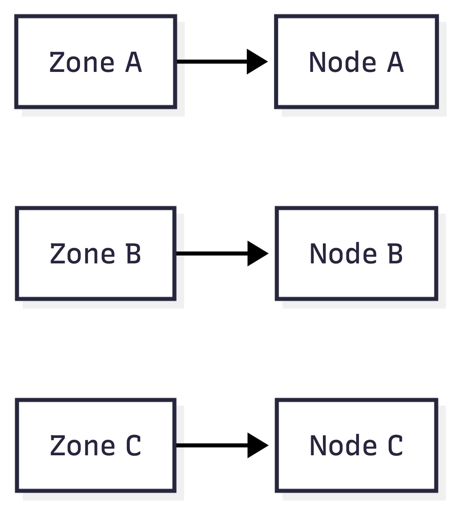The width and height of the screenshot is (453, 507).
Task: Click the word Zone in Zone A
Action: pos(82,63)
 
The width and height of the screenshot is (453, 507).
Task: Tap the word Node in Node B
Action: pos(343,254)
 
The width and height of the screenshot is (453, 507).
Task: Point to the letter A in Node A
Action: pos(395,63)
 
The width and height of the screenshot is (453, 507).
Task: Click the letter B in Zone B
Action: pos(133,254)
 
